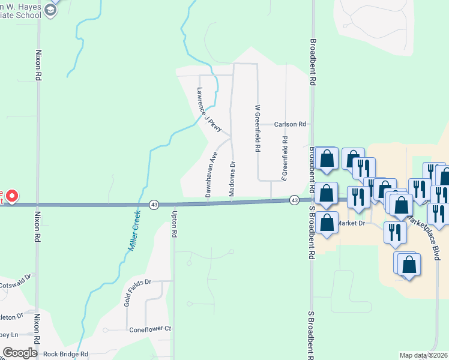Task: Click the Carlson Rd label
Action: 290,124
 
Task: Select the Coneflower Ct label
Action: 150,329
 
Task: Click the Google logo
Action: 20,353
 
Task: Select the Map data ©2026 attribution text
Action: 423,355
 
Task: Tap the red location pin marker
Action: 11,196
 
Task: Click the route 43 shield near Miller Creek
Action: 154,205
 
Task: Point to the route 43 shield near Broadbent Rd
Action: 294,199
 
